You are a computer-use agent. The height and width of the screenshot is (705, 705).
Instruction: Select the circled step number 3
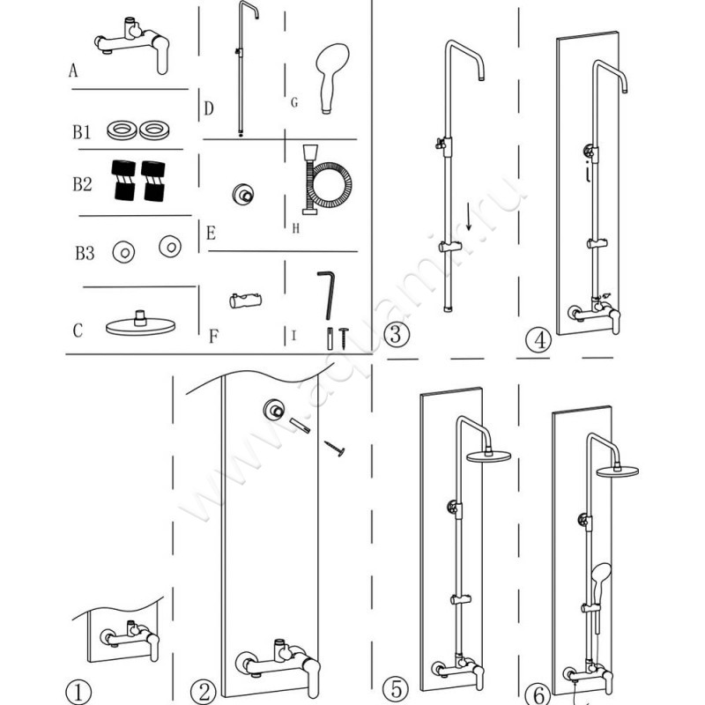pyautogui.click(x=397, y=335)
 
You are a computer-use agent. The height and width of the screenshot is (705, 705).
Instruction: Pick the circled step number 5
pyautogui.click(x=397, y=687)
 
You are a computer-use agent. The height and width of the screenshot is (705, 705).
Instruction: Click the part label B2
pyautogui.click(x=82, y=185)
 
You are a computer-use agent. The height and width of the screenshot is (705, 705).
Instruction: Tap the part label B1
pyautogui.click(x=82, y=133)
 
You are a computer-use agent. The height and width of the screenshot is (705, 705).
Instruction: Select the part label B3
pyautogui.click(x=85, y=255)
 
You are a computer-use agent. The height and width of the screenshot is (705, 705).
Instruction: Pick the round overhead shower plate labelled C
pyautogui.click(x=140, y=324)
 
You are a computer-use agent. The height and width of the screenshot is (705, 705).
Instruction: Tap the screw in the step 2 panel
pyautogui.click(x=335, y=449)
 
